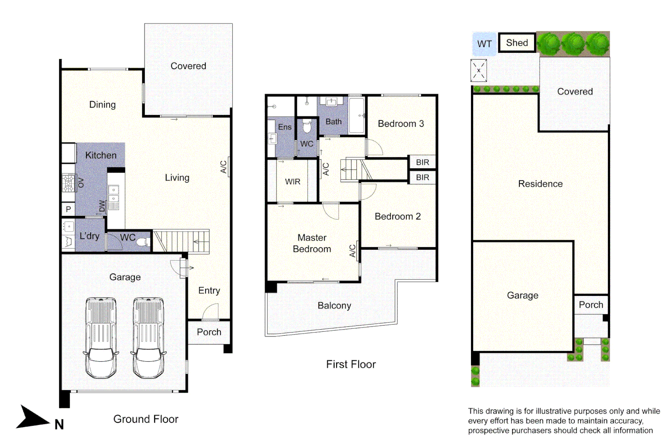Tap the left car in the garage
tap(101, 337)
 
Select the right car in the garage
tap(148, 337)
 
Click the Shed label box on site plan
tap(517, 43)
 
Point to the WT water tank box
tap(484, 44)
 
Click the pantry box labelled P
tap(68, 209)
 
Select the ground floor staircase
tap(181, 241)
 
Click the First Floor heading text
tap(351, 364)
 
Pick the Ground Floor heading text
tap(146, 419)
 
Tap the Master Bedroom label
tap(312, 243)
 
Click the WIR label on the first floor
tap(292, 182)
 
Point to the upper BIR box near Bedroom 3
tap(422, 162)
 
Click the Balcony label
tap(334, 306)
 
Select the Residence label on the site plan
tap(540, 184)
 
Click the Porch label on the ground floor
tap(209, 332)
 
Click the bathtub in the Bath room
tap(357, 115)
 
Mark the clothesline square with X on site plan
tap(478, 70)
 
